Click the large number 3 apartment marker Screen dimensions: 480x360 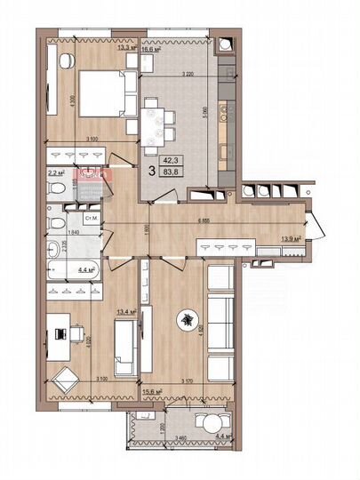[x=152, y=166]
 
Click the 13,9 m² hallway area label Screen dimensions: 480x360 [x=291, y=239]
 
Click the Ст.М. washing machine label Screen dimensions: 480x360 [x=90, y=217]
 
